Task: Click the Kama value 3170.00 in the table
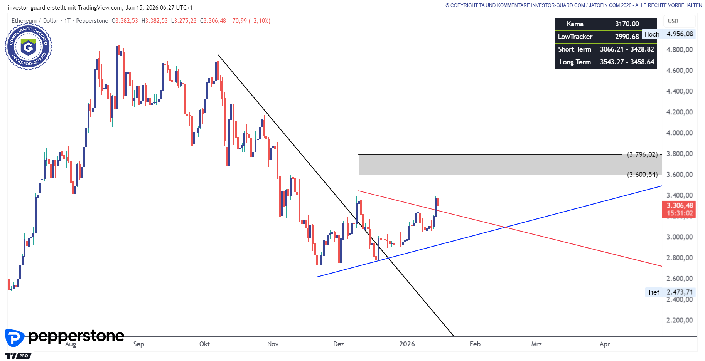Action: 627,24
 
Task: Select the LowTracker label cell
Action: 575,37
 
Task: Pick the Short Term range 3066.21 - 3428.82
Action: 627,49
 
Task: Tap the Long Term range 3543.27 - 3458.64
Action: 627,62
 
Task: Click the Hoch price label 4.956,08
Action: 680,34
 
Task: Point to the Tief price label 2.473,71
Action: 680,292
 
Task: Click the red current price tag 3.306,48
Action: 680,206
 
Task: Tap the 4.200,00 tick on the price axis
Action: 680,112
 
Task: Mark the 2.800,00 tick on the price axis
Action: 680,258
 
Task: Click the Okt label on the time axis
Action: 204,344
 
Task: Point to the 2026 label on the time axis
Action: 407,344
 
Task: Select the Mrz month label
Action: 536,344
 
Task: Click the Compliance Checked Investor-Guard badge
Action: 28,47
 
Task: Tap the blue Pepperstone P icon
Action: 14,338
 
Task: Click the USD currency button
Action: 673,21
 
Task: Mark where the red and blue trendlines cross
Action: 505,227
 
